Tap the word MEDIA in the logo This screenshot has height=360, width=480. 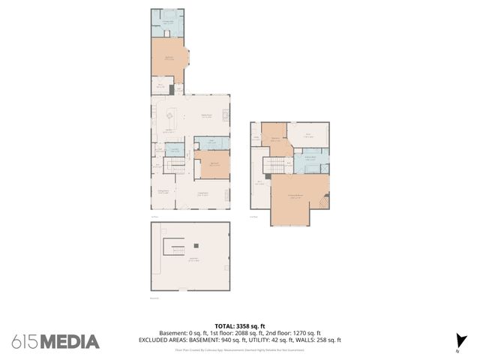point(69,341)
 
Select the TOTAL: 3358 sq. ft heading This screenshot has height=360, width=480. point(240,326)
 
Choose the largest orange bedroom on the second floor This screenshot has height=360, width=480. point(298,199)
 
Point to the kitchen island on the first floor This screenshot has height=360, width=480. point(171,117)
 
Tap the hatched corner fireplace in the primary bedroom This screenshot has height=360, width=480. point(325,201)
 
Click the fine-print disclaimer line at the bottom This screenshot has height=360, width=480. point(240,349)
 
